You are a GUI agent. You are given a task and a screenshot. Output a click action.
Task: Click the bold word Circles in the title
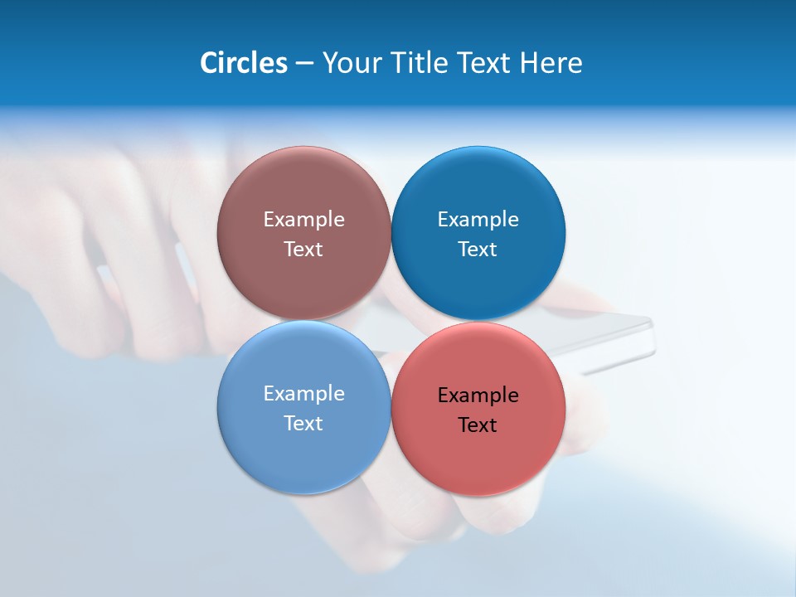tap(244, 63)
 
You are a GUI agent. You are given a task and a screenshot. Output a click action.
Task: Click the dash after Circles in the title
tap(304, 64)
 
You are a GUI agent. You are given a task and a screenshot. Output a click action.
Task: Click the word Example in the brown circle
tap(303, 220)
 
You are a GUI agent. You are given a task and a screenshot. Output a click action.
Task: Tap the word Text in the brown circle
tap(303, 250)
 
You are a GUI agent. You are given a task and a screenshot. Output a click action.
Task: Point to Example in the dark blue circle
tap(478, 220)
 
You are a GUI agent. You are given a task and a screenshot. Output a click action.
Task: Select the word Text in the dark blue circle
tap(478, 250)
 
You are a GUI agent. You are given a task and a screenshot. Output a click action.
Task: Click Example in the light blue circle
tap(303, 394)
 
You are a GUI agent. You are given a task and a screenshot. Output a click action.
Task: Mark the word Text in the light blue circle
tap(303, 424)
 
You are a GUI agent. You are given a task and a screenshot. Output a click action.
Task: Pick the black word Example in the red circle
tap(478, 396)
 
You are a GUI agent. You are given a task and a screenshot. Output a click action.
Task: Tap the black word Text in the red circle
tap(478, 425)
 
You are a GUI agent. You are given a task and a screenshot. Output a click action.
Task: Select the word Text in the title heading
tap(483, 63)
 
